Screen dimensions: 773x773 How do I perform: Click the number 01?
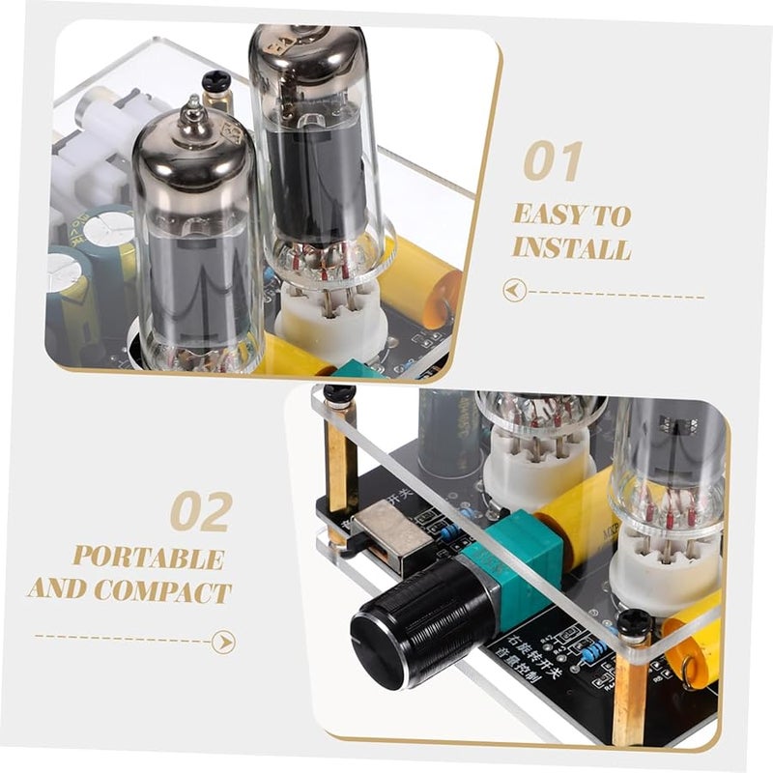553,161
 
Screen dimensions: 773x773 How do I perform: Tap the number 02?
201,512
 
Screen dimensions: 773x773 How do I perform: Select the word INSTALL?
571,248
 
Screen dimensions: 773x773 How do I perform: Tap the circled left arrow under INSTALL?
515,290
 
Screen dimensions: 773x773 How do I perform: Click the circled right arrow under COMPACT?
223,641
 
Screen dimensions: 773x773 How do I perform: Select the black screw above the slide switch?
339,394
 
